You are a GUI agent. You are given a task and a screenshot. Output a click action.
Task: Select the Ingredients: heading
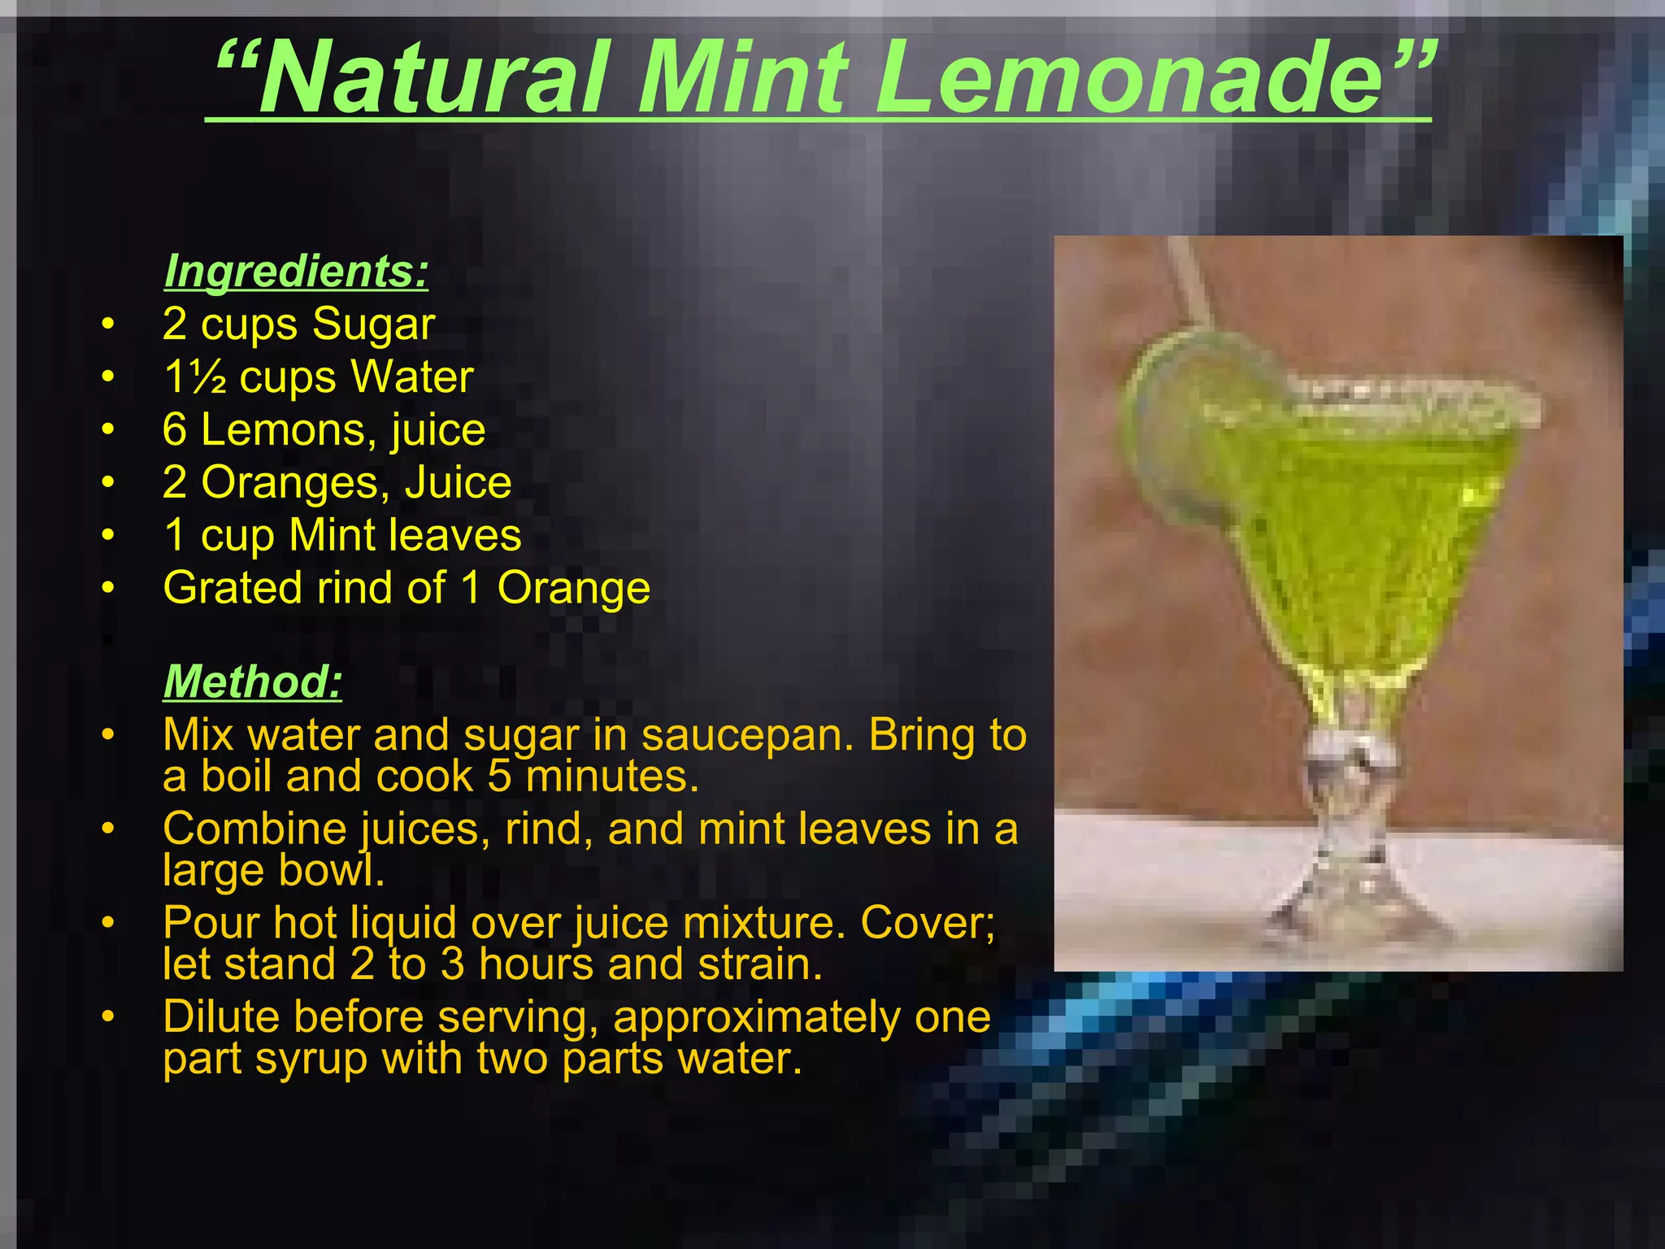pos(296,271)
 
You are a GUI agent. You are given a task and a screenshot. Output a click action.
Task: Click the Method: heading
pos(253,681)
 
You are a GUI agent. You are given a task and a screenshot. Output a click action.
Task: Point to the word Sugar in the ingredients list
pos(373,324)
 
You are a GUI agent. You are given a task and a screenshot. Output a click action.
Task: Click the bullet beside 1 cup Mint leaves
pos(108,536)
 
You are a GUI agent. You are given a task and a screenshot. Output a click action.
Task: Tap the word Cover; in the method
pos(928,923)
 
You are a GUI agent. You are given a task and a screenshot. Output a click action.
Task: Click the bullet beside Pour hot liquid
pos(108,924)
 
